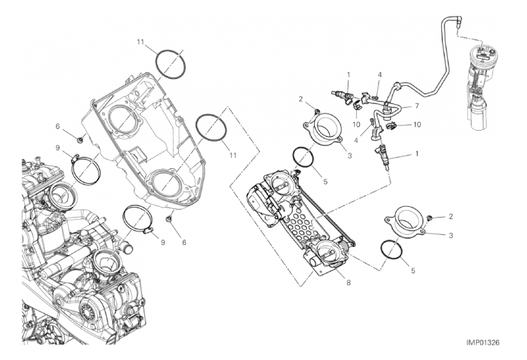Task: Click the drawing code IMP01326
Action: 482,342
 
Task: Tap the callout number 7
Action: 417,106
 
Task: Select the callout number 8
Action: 349,283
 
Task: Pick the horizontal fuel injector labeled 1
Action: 342,95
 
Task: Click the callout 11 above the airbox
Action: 141,42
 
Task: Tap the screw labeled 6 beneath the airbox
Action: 169,219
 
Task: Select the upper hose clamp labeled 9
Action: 86,170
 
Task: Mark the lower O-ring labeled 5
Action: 392,249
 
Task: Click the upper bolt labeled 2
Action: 316,112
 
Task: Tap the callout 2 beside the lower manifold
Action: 451,216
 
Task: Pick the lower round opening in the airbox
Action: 165,184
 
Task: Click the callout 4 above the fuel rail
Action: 379,75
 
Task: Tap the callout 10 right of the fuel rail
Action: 417,125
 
